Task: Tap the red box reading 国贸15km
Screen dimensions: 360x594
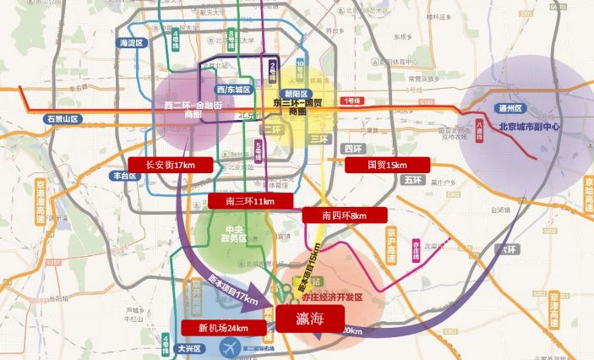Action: [388, 166]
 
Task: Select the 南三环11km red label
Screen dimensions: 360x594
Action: [251, 201]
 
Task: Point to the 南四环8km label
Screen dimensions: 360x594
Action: [344, 215]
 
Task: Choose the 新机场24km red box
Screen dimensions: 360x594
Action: [223, 328]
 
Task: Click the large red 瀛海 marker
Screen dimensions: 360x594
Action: [310, 319]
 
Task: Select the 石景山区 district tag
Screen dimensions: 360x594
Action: [62, 120]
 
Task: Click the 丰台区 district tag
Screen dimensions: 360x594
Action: [123, 176]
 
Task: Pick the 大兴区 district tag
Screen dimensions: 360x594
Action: [193, 348]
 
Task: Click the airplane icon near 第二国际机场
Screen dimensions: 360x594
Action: [228, 347]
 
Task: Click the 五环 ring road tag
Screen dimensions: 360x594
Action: [412, 180]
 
